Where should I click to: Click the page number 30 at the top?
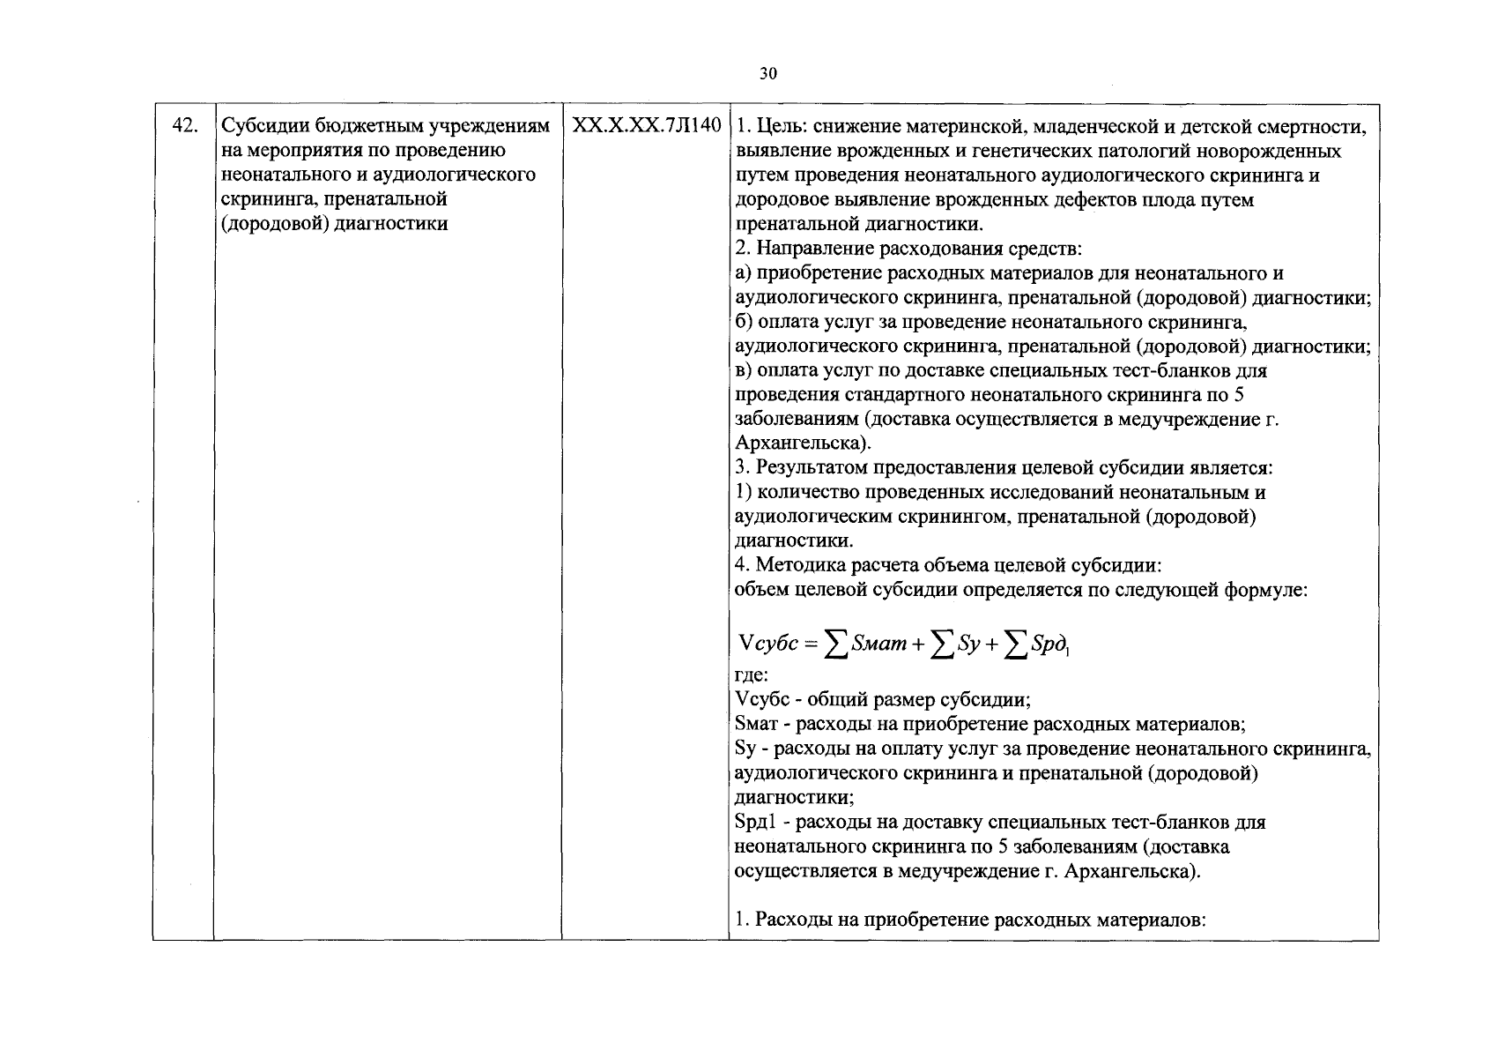tap(767, 75)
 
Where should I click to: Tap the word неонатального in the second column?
tap(274, 175)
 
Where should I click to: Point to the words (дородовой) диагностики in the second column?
tap(334, 224)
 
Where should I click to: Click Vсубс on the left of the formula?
tap(768, 644)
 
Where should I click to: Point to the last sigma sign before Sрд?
tap(1017, 646)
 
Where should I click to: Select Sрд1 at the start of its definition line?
tap(756, 823)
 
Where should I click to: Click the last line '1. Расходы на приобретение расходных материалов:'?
tap(969, 920)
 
